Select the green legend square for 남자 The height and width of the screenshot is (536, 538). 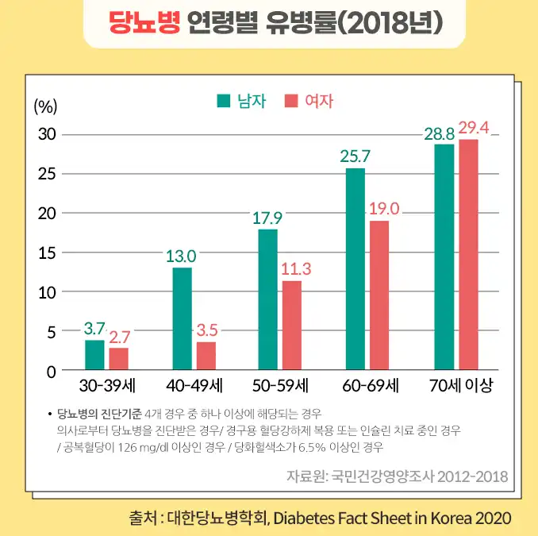pyautogui.click(x=224, y=101)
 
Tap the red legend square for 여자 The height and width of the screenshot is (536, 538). pyautogui.click(x=290, y=101)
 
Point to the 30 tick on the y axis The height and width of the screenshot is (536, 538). pyautogui.click(x=48, y=134)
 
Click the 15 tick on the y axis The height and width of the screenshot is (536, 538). pyautogui.click(x=48, y=253)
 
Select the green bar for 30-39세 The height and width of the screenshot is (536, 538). pyautogui.click(x=94, y=355)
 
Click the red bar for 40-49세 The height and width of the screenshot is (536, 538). pyautogui.click(x=206, y=356)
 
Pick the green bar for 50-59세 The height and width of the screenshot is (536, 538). pyautogui.click(x=268, y=299)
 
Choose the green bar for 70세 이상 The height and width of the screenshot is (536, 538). pyautogui.click(x=444, y=256)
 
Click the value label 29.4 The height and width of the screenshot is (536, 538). pyautogui.click(x=475, y=128)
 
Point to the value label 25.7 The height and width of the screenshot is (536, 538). pyautogui.click(x=355, y=156)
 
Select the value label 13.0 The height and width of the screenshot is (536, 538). pyautogui.click(x=181, y=256)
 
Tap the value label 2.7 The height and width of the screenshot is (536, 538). pyautogui.click(x=120, y=337)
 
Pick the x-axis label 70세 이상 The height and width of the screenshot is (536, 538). pyautogui.click(x=460, y=387)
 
